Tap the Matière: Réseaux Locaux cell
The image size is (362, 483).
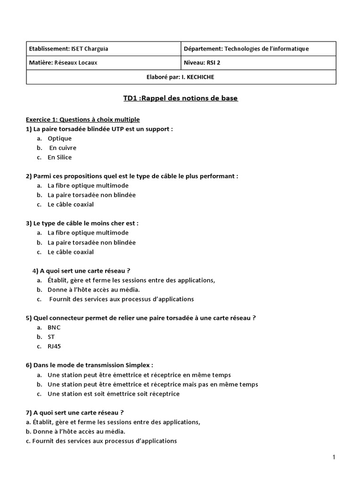[x=64, y=62]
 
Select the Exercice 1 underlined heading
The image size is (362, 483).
[x=82, y=119]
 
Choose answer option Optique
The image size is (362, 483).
[x=59, y=138]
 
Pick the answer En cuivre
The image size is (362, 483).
[x=63, y=148]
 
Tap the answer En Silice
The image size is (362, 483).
[x=59, y=157]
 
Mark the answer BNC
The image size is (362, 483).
[x=54, y=327]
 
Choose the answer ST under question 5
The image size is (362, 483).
[x=51, y=337]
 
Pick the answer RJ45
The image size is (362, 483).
[x=54, y=346]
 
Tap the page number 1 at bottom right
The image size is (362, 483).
[x=334, y=457]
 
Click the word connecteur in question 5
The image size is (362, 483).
[x=66, y=318]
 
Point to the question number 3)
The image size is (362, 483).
[x=29, y=223]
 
